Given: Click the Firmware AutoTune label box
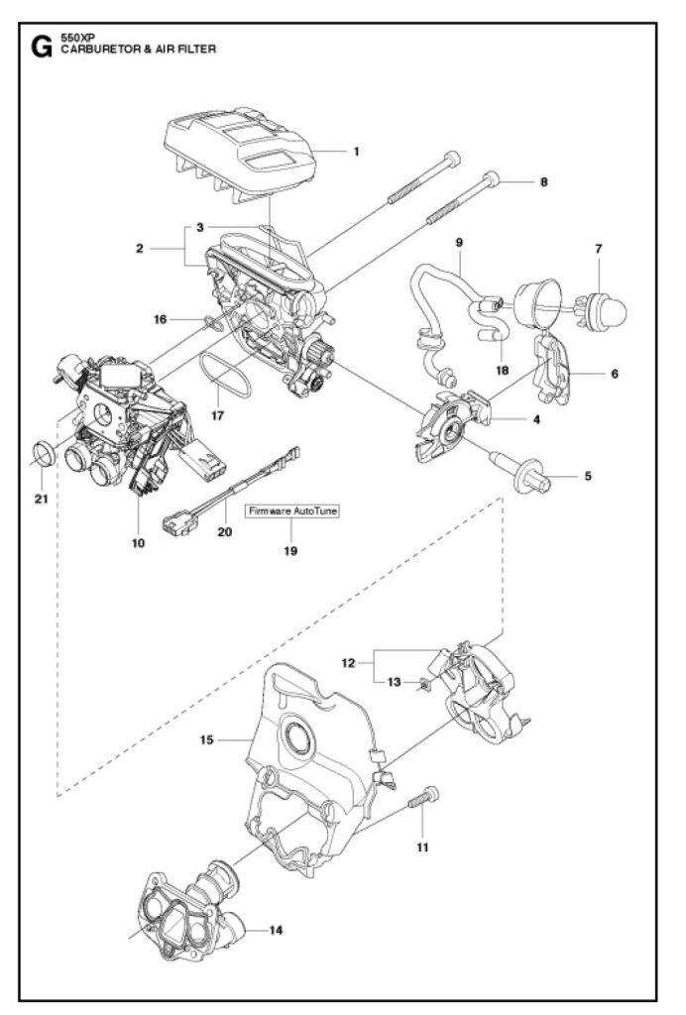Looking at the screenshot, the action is point(291,510).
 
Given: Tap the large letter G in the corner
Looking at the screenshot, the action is point(42,48).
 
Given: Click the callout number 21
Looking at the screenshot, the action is point(42,500).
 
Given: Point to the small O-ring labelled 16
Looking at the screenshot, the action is point(213,322).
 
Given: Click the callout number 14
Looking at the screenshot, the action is point(276,930).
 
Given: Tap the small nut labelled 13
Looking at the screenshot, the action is point(424,683).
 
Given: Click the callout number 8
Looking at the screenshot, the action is point(543,182).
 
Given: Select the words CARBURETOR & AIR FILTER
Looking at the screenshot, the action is point(139,50).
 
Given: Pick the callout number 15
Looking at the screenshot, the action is point(206,739).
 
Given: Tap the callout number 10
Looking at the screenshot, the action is point(139,543).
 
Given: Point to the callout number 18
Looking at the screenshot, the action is point(503,371).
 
